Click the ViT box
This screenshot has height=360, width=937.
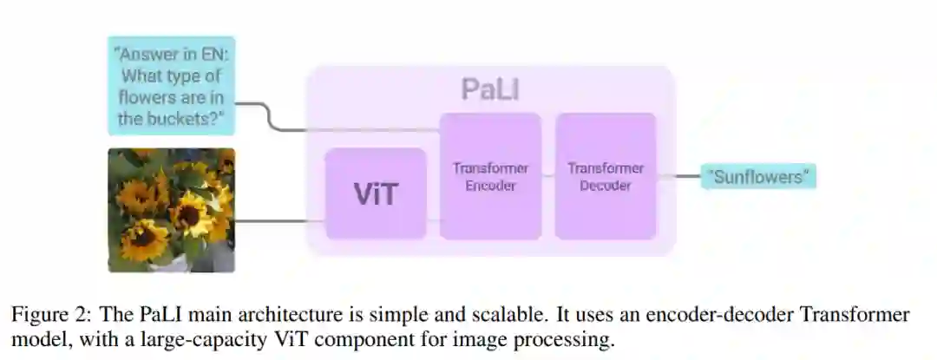pyautogui.click(x=375, y=193)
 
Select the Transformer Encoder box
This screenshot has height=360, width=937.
pyautogui.click(x=490, y=176)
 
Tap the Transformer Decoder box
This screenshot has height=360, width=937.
pyautogui.click(x=605, y=176)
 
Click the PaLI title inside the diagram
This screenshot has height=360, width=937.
pyautogui.click(x=490, y=88)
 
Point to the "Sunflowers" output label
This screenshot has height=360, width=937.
pyautogui.click(x=761, y=177)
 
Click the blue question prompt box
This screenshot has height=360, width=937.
pyautogui.click(x=172, y=86)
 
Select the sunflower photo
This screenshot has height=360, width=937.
pyautogui.click(x=171, y=210)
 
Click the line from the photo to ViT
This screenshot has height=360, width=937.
pyautogui.click(x=278, y=220)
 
